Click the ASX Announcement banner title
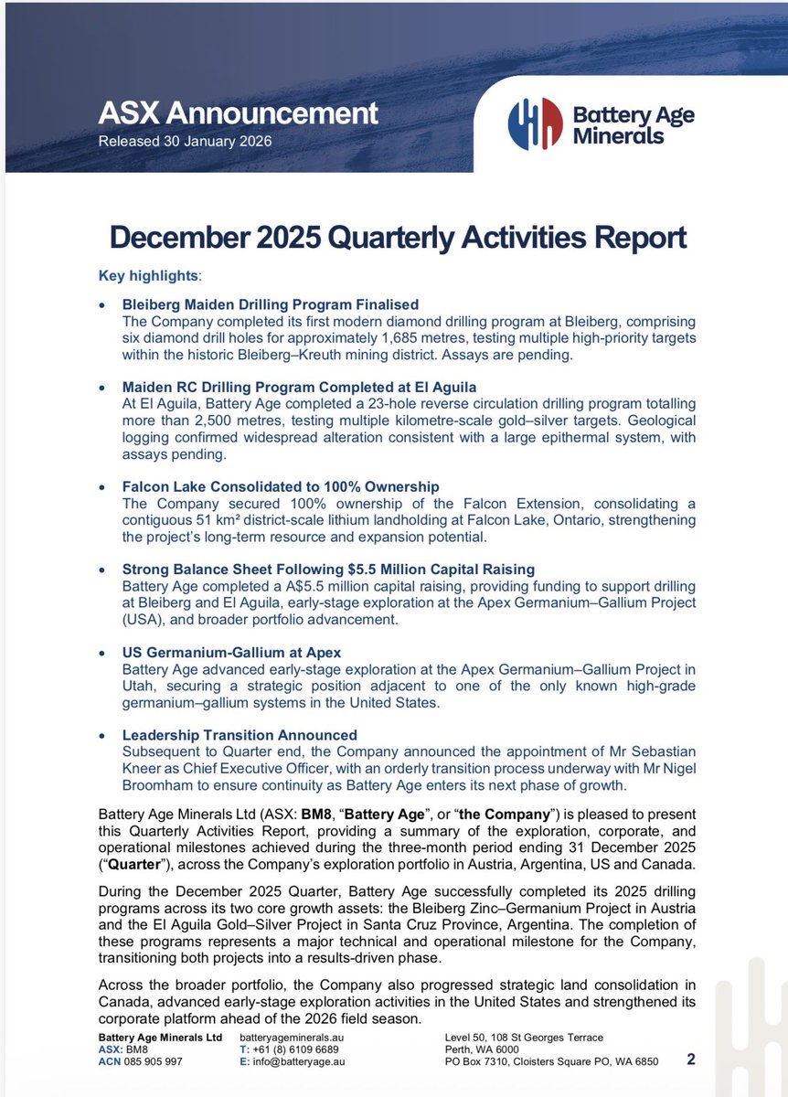[x=238, y=113]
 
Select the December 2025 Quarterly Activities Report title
[x=398, y=237]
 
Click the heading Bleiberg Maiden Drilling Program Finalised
[x=270, y=304]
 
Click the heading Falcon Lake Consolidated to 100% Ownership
[x=282, y=486]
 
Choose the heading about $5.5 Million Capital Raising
[x=328, y=570]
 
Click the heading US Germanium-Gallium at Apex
[x=232, y=653]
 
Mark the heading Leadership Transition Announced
[x=240, y=735]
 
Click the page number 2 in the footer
[x=690, y=1060]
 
